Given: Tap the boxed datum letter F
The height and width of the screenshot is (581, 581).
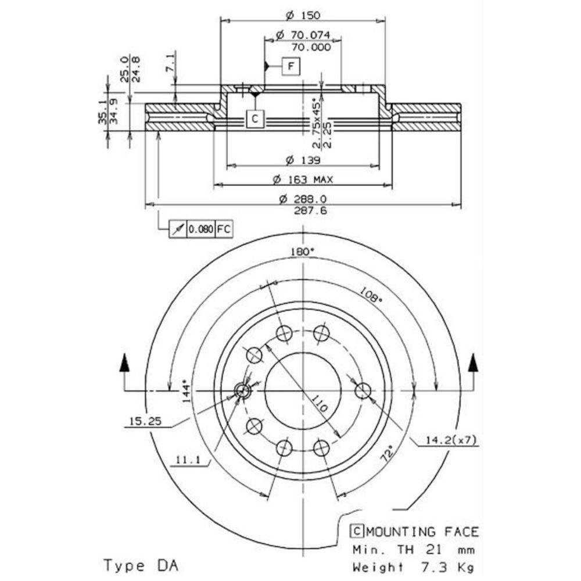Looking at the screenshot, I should (x=291, y=67).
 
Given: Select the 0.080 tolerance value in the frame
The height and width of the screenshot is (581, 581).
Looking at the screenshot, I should (x=200, y=229).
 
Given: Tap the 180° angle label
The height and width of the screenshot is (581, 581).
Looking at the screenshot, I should (x=302, y=252).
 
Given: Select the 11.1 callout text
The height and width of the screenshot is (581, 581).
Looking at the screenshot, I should (x=187, y=461).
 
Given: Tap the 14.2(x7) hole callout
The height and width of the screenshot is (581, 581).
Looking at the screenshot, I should (x=453, y=440).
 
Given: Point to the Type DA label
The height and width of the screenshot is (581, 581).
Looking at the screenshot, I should (x=141, y=565).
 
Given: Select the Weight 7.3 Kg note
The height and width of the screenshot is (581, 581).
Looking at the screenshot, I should (x=414, y=566).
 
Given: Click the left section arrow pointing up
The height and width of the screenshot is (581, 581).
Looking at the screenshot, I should (x=124, y=365).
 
